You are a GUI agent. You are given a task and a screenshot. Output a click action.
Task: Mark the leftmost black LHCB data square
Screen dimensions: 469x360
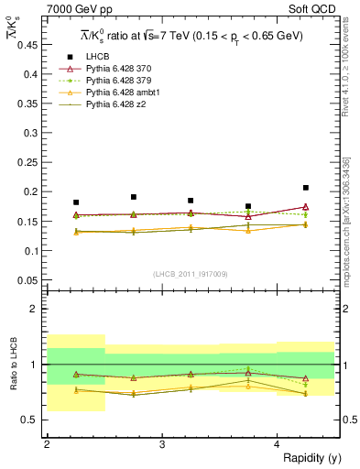[76, 202]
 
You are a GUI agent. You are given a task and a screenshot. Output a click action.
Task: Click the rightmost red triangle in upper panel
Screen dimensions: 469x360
[306, 207]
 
